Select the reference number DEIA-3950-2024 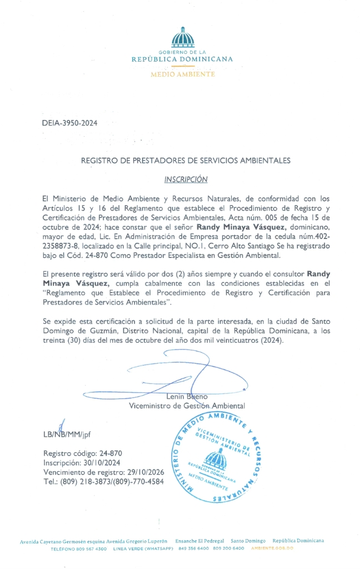[x=69, y=124]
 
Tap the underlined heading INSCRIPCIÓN [x=186, y=179]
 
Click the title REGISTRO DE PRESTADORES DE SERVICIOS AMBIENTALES [x=186, y=161]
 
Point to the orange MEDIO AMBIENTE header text [x=183, y=74]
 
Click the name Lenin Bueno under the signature [x=187, y=397]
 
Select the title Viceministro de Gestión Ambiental [x=187, y=406]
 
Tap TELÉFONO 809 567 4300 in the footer [x=79, y=548]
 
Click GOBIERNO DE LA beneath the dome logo [x=183, y=52]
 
